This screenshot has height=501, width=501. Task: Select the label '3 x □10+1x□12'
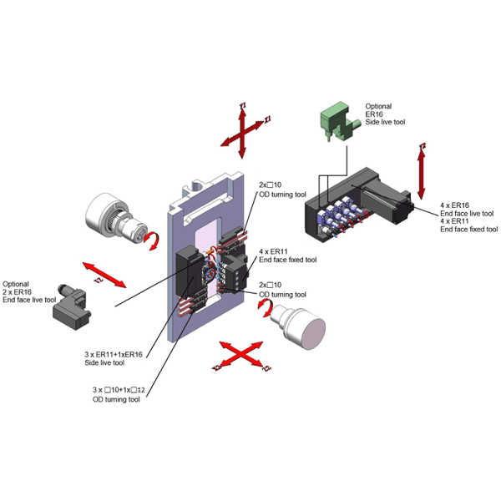point(119,390)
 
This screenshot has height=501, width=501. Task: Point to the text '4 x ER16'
point(455,205)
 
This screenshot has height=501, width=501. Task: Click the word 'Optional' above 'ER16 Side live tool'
point(378,107)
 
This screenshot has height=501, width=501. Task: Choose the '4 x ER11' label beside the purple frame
point(273,251)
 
